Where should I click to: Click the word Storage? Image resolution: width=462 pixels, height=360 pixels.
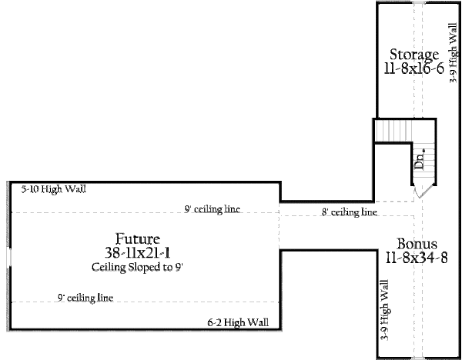click(x=414, y=55)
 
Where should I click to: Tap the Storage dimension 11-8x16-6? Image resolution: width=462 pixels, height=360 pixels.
click(x=414, y=68)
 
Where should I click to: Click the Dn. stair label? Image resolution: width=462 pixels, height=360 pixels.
click(x=420, y=160)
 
